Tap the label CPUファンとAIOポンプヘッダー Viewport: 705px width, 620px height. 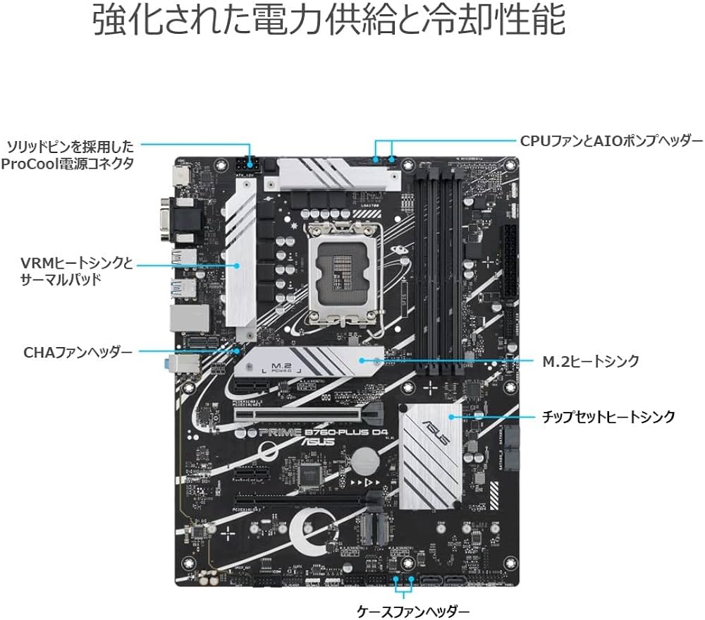coord(611,140)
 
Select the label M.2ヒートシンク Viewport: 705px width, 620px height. coord(591,361)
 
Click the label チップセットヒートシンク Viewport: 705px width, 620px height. coord(608,416)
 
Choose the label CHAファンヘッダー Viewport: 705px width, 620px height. coord(78,351)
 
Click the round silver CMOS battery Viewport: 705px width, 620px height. coord(365,461)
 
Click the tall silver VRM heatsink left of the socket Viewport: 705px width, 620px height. coord(239,253)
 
